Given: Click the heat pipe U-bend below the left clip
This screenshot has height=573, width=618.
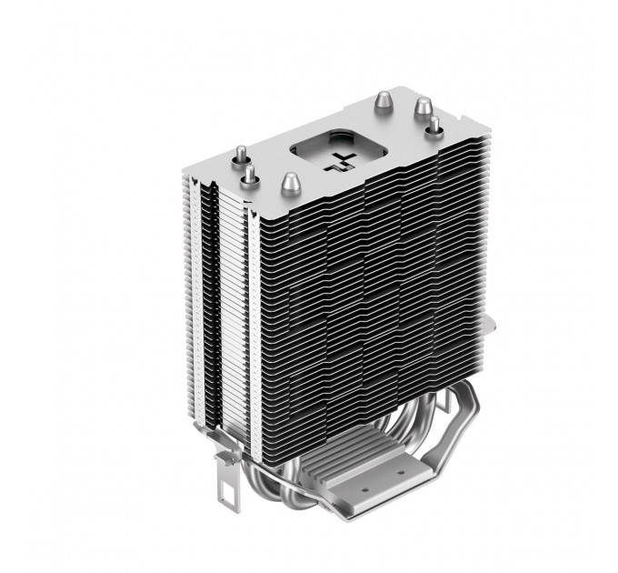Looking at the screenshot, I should pos(264,491).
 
